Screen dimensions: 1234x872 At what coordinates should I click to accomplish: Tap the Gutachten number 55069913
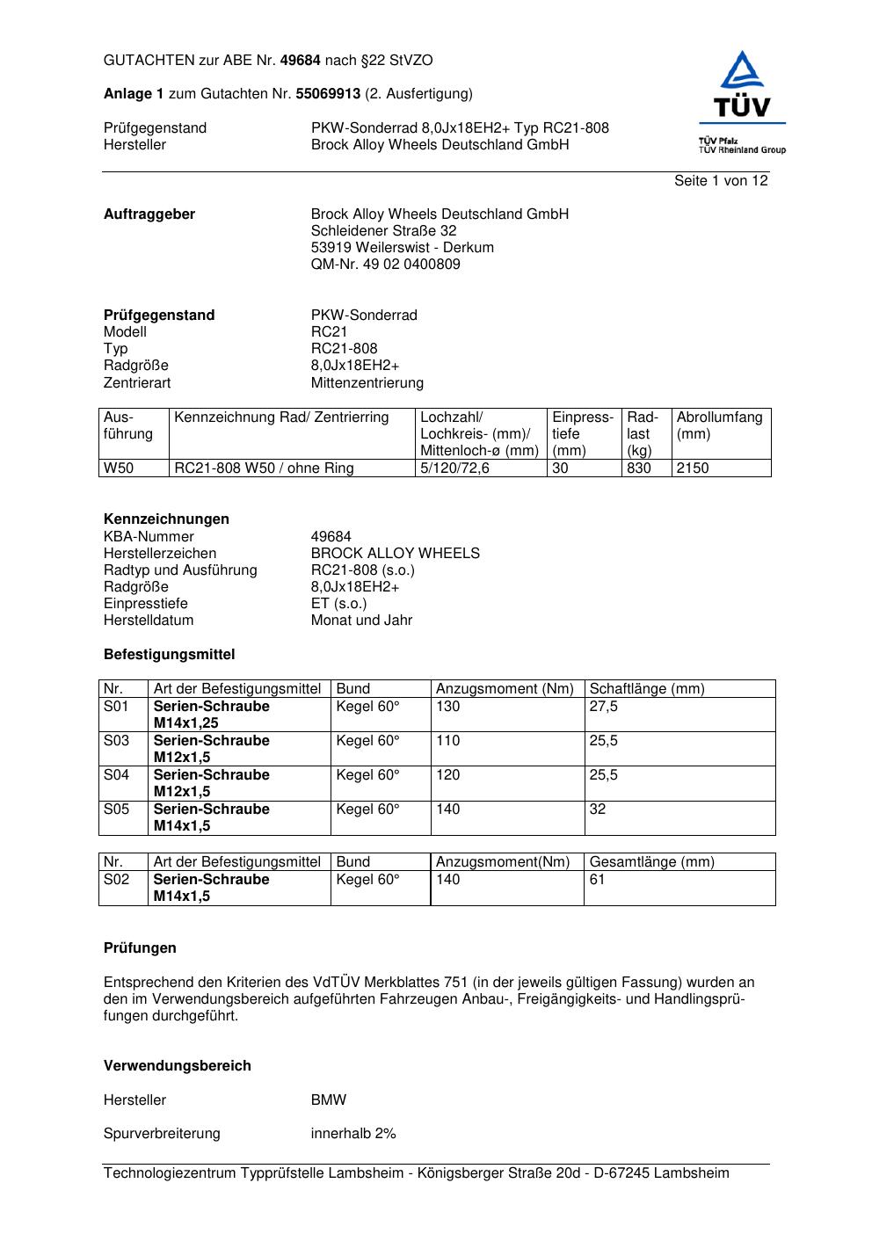click(328, 93)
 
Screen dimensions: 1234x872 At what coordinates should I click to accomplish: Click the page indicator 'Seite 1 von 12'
click(721, 180)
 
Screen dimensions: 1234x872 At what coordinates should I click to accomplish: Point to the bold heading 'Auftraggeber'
click(149, 214)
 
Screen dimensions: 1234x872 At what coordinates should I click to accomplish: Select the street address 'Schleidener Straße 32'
click(383, 230)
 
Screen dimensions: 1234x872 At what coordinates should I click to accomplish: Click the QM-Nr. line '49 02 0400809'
click(385, 264)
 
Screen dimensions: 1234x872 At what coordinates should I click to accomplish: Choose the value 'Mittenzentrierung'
click(367, 382)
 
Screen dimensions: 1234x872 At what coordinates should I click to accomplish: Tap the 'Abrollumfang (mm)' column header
click(719, 425)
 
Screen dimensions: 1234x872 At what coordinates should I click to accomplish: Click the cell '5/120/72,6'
click(454, 468)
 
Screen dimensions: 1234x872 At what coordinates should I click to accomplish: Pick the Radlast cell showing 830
click(639, 468)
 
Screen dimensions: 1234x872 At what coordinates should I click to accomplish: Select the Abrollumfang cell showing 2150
click(693, 468)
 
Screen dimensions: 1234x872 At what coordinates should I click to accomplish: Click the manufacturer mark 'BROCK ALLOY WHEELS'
click(395, 553)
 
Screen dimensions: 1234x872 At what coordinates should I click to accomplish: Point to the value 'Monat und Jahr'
click(361, 620)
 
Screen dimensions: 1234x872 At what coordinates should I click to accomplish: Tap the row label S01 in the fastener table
click(116, 706)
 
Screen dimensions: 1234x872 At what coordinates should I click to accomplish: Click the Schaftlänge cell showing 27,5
click(603, 706)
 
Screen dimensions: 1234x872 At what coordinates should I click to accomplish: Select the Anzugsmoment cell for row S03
click(448, 740)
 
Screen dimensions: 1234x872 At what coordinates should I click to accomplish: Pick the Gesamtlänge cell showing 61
click(597, 879)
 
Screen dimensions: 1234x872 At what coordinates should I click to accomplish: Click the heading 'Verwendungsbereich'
click(178, 1065)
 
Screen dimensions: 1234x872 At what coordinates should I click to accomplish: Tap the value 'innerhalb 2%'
click(353, 1133)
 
